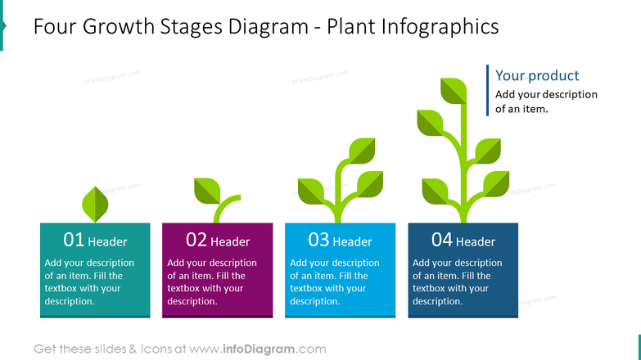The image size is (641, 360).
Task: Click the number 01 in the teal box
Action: [74, 240]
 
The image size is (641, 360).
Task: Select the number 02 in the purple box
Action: [196, 240]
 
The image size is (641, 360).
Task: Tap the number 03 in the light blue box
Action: [318, 240]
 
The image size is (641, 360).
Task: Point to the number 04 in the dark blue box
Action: [442, 240]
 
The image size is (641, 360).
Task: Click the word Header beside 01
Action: [107, 241]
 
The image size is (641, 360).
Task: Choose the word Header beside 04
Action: [476, 241]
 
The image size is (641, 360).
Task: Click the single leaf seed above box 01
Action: [97, 204]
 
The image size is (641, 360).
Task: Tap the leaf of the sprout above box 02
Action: [207, 191]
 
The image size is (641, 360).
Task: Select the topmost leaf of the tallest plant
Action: [454, 90]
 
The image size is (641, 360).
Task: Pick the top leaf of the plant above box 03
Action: [362, 151]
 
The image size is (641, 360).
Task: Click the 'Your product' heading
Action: [537, 75]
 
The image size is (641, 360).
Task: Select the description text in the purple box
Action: [212, 282]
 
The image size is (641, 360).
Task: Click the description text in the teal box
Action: [89, 282]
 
